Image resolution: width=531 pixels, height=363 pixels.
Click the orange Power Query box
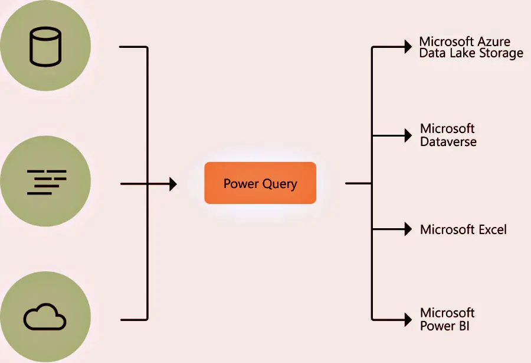point(260,183)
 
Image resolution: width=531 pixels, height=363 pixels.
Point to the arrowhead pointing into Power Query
point(172,184)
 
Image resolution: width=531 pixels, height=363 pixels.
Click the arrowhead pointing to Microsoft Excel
point(407,229)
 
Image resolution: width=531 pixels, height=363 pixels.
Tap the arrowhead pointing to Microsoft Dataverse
point(407,135)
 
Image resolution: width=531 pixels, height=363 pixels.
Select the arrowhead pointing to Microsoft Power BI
point(407,319)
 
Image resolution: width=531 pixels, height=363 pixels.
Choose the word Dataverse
point(448,142)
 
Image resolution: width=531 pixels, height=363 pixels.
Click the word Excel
point(492,229)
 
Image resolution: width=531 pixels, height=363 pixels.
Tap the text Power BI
point(445,326)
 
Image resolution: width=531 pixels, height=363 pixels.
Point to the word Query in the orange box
point(279,184)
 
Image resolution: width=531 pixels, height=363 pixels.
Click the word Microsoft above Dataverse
point(447,129)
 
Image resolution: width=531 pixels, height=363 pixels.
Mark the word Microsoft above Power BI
point(447,313)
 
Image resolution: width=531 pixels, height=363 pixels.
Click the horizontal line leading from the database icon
point(133,47)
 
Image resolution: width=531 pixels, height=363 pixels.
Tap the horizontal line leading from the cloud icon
point(133,320)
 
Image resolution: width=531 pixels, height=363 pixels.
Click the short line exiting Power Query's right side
point(358,183)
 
